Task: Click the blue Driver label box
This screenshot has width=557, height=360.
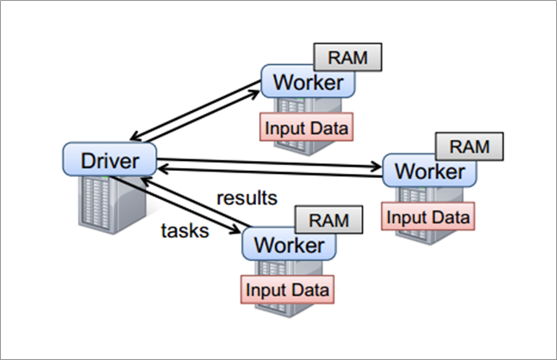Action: (x=109, y=158)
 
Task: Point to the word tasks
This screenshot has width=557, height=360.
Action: (x=184, y=231)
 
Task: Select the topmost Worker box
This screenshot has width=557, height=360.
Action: (x=308, y=82)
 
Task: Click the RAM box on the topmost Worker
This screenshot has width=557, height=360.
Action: (x=347, y=56)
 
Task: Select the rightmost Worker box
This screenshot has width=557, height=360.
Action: (x=429, y=172)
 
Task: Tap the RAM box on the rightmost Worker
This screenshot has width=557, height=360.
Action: (x=469, y=146)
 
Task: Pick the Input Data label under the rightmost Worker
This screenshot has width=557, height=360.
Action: (x=429, y=216)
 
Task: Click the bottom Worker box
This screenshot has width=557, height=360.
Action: (x=289, y=244)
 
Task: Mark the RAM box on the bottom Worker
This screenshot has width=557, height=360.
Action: (x=328, y=220)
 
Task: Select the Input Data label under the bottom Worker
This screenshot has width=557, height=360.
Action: (x=288, y=290)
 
